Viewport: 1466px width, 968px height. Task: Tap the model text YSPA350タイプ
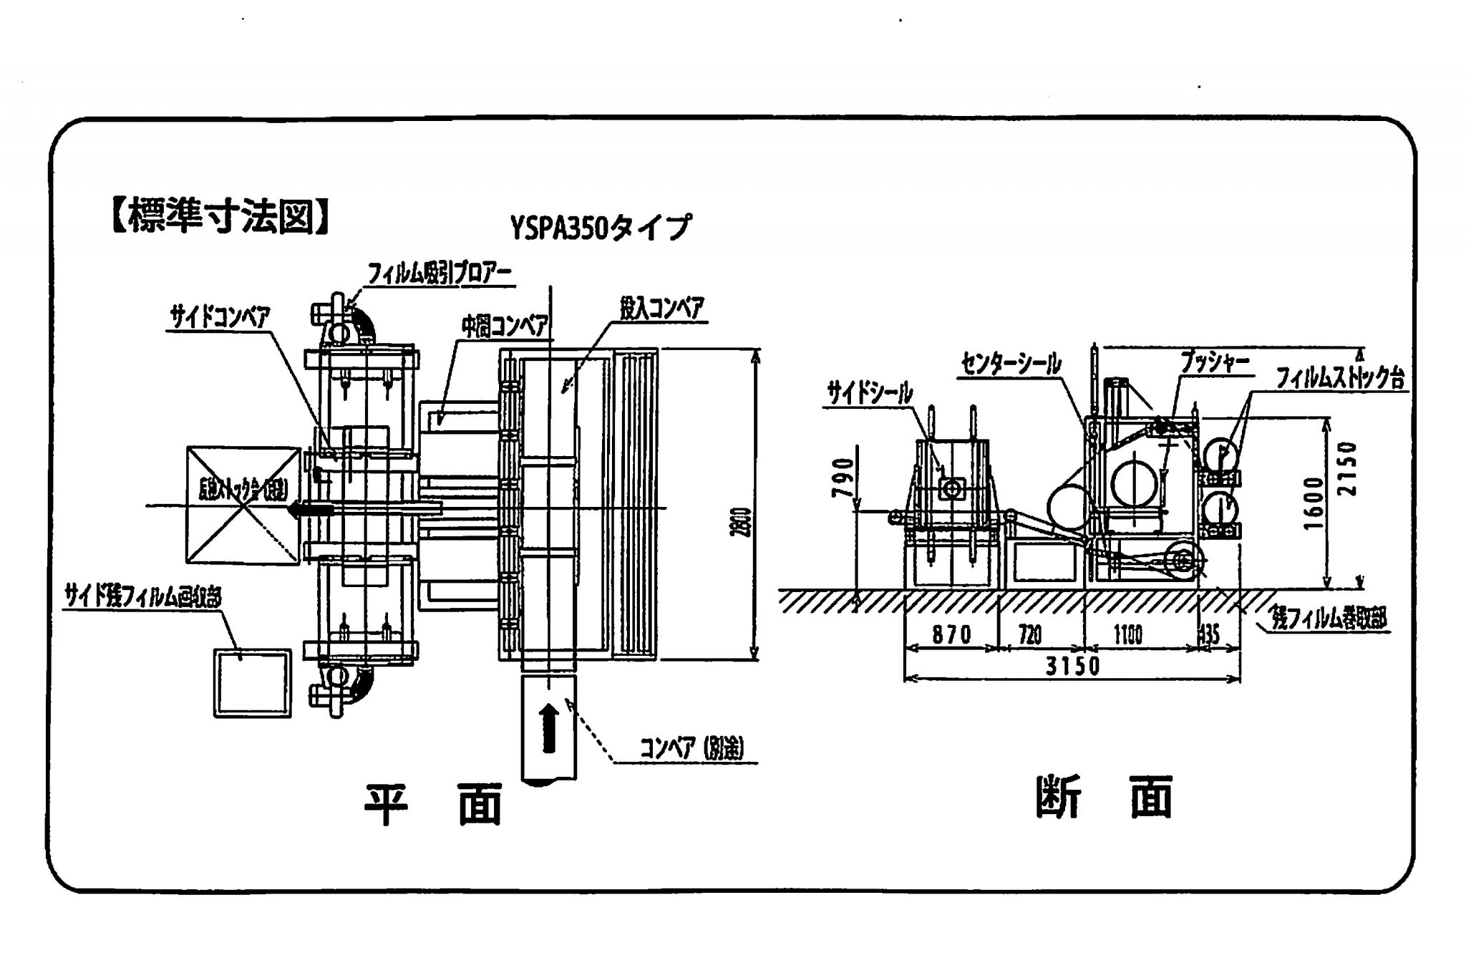[x=601, y=228]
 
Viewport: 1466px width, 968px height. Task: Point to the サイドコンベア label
[x=219, y=317]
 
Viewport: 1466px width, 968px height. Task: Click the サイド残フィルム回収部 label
[x=142, y=596]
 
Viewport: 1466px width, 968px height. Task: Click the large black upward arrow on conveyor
[x=548, y=727]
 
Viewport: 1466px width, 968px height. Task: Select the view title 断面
[x=1105, y=798]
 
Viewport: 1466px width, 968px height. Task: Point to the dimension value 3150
[x=1072, y=667]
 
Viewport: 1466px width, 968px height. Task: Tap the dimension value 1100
[x=1128, y=634]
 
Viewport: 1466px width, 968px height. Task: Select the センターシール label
[x=1011, y=364]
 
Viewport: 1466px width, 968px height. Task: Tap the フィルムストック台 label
[x=1341, y=378]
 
